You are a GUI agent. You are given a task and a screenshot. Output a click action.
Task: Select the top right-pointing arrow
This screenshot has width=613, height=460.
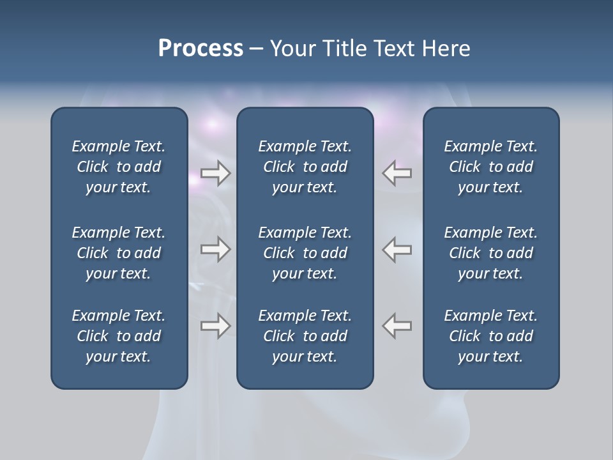[x=216, y=173]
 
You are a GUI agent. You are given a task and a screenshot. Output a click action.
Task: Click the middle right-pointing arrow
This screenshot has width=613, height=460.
[x=216, y=249]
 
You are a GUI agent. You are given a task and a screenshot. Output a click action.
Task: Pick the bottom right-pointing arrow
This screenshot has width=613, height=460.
[x=216, y=325]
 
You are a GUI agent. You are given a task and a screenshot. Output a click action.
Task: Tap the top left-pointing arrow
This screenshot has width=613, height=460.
[x=397, y=173]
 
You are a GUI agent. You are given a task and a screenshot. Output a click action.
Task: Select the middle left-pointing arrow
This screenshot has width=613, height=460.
[x=397, y=249]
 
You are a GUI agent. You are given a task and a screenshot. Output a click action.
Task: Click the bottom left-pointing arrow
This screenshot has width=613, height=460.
[x=397, y=325]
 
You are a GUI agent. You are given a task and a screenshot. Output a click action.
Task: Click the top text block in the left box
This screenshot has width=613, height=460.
[x=119, y=167]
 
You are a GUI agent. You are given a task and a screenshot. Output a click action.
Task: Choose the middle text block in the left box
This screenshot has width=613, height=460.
[x=119, y=253]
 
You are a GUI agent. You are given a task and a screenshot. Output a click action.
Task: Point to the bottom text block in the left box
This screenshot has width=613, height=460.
[x=119, y=336]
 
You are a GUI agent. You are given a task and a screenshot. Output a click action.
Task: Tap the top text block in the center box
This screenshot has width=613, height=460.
[x=305, y=167]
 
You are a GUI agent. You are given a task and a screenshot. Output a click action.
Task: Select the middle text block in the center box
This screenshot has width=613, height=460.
[x=305, y=253]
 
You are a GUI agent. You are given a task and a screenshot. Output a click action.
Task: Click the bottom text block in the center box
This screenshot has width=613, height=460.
[x=305, y=336]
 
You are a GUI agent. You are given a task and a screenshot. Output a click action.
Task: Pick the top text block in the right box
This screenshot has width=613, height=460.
[x=491, y=167]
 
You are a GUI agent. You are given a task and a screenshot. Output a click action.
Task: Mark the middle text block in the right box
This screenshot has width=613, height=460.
[x=491, y=253]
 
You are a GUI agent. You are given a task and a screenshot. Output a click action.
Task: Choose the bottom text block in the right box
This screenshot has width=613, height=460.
[x=491, y=336]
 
